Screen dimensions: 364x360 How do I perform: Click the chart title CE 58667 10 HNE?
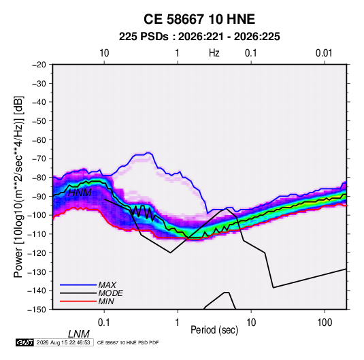coord(199,19)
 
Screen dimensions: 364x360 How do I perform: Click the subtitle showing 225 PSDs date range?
coord(199,37)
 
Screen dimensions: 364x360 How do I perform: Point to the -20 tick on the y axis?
coord(39,65)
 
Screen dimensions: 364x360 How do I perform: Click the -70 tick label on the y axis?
coord(39,159)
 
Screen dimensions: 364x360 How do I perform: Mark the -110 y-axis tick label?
coord(37,234)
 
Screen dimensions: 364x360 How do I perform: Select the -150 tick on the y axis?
coord(37,310)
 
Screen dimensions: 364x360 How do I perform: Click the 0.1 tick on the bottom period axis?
coord(104,323)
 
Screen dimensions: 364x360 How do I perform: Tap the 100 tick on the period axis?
coord(325,323)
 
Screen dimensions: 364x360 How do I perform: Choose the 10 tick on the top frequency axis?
coord(104,53)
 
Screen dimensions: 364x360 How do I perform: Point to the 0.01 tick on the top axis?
coord(324,53)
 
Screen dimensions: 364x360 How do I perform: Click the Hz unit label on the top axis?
coord(214,53)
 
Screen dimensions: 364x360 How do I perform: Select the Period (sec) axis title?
coord(214,330)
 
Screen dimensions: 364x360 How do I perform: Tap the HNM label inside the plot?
coord(80,193)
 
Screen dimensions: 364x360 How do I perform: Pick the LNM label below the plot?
coord(79,334)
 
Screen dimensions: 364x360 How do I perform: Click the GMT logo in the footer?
coord(25,342)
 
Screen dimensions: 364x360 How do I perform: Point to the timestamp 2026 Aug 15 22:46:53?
coord(63,342)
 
